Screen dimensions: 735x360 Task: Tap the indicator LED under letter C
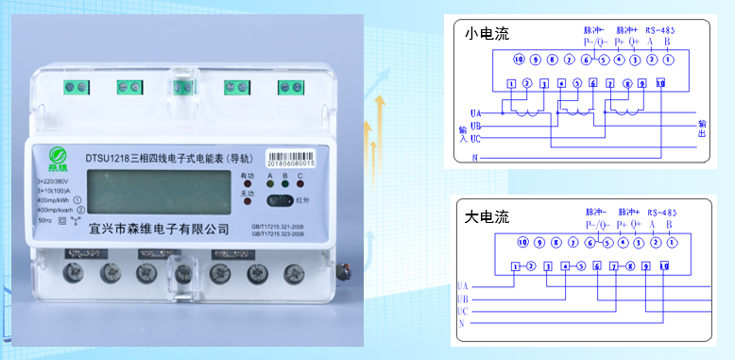pyautogui.click(x=299, y=186)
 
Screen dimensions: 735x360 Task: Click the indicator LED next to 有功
pyautogui.click(x=248, y=186)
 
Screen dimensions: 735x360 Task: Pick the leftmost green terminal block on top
pyautogui.click(x=75, y=88)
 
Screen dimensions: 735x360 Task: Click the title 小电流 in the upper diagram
pyautogui.click(x=487, y=34)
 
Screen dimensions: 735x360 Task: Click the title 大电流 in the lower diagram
pyautogui.click(x=487, y=216)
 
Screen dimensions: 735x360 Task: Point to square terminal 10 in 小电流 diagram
pyautogui.click(x=659, y=83)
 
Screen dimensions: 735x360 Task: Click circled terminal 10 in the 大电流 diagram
pyautogui.click(x=520, y=243)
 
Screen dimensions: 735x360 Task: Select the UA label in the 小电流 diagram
pyautogui.click(x=475, y=111)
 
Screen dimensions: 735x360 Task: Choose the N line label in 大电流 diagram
pyautogui.click(x=462, y=324)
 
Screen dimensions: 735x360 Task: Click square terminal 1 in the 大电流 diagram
pyautogui.click(x=515, y=266)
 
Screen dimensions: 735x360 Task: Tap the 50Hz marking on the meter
pyautogui.click(x=44, y=219)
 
